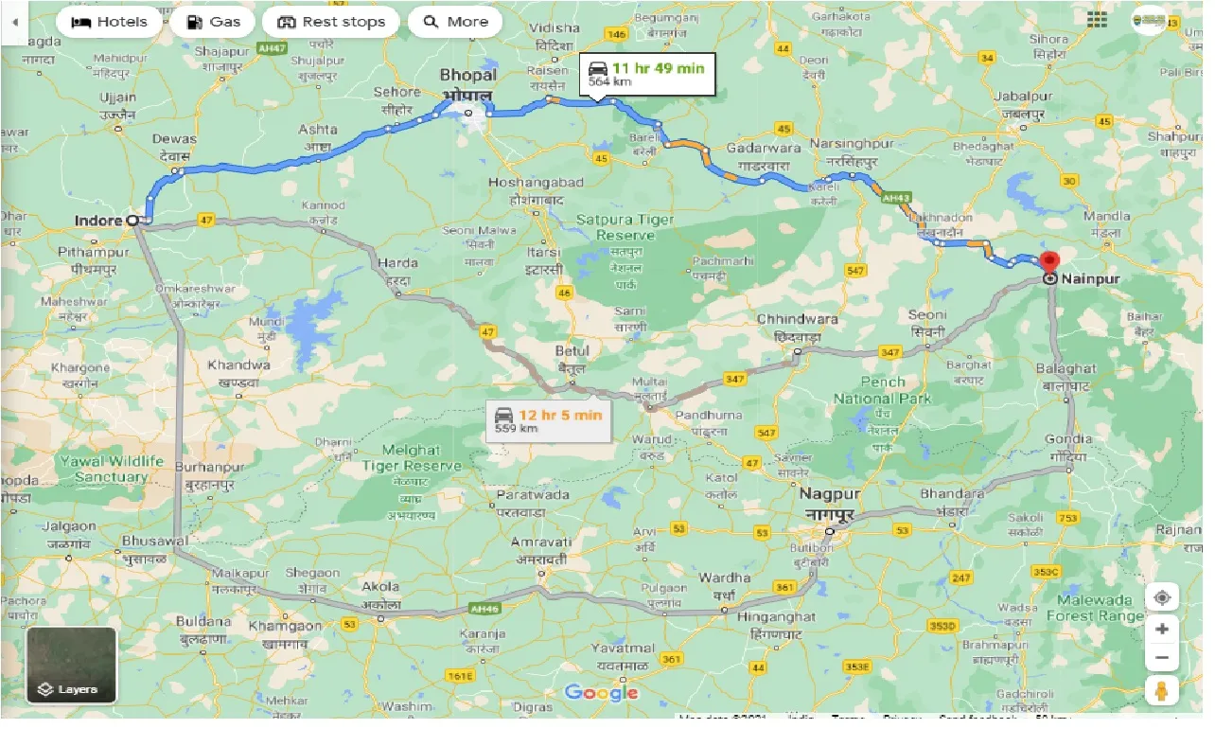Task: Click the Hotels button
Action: coord(111,22)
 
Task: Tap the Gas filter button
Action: coord(213,22)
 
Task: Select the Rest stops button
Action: coord(331,22)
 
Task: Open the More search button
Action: coord(455,22)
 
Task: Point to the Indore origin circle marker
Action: coord(132,220)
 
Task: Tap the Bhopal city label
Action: coord(468,81)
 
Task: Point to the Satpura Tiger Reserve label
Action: coord(625,227)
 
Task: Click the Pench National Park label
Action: coord(882,390)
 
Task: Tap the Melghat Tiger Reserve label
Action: coord(413,458)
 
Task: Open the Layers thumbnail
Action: coord(71,665)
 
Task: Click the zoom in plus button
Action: coord(1163,630)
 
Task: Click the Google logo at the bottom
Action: coord(601,693)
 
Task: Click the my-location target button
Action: coord(1163,597)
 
